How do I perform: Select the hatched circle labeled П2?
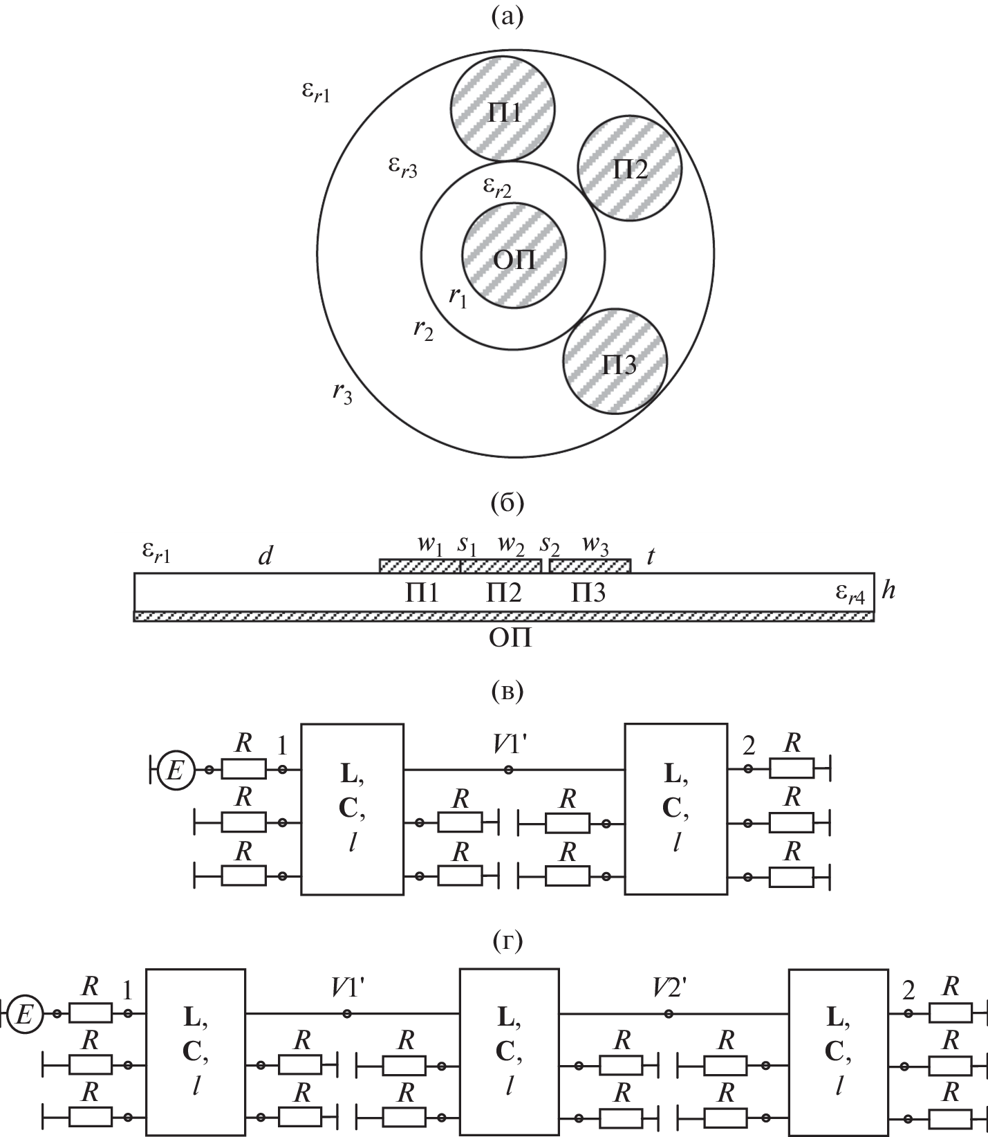point(630,168)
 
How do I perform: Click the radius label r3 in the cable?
point(342,393)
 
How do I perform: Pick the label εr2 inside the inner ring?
point(497,186)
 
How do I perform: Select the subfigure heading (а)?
point(507,16)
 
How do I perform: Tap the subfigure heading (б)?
point(507,502)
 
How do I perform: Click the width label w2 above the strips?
point(510,545)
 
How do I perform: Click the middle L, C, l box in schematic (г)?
point(509,1051)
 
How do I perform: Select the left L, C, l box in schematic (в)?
point(352,808)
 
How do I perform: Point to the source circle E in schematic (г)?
point(24,1015)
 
